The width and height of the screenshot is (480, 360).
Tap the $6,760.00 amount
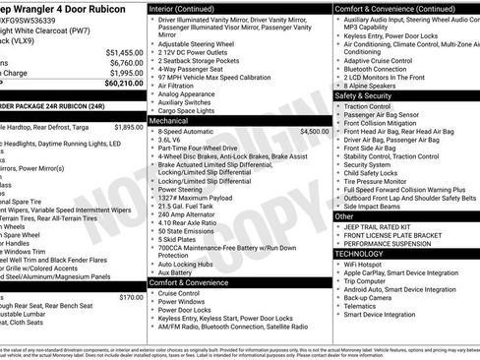point(125,62)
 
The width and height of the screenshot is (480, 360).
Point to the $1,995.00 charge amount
point(125,73)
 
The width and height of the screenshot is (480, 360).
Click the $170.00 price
point(131,296)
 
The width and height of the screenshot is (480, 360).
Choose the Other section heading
point(345,214)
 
